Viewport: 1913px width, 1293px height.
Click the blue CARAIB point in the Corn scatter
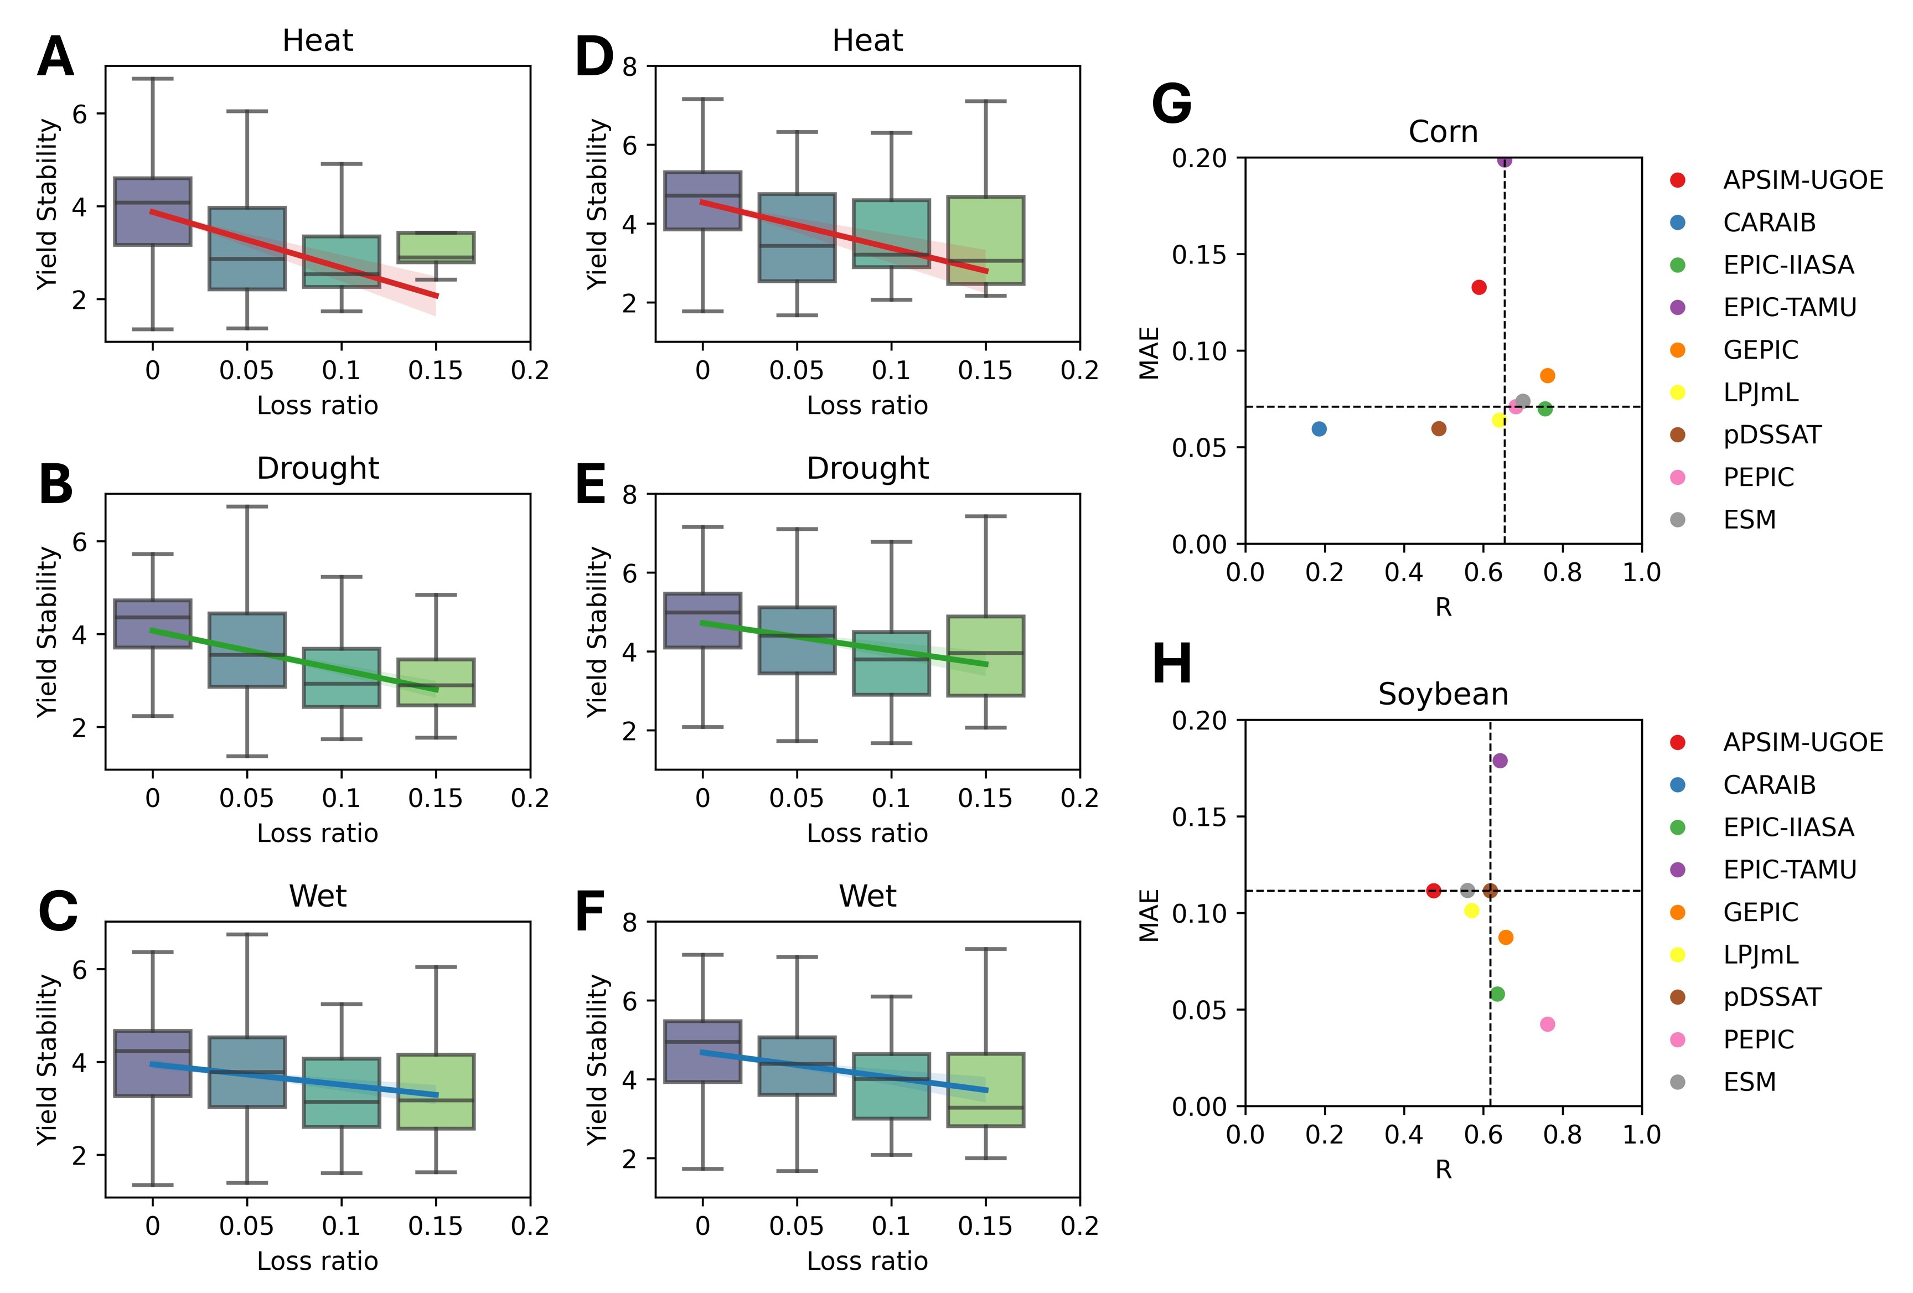tap(1319, 429)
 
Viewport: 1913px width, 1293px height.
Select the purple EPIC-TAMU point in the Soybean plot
tap(1500, 761)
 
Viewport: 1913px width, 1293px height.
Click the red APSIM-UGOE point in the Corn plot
tap(1479, 287)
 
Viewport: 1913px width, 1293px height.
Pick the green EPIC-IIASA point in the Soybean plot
tap(1497, 994)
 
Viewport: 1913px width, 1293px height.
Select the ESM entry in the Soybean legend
tap(1749, 1082)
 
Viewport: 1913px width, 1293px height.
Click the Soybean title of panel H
tap(1443, 694)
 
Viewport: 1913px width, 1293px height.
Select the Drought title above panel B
tap(318, 468)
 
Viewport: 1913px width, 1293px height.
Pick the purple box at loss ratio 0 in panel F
tap(702, 1052)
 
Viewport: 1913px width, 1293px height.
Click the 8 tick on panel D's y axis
tap(630, 66)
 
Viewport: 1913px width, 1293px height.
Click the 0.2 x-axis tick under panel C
tap(529, 1227)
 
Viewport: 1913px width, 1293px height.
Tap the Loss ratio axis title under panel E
tap(867, 833)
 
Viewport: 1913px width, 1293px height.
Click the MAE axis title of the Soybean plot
tap(1149, 914)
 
